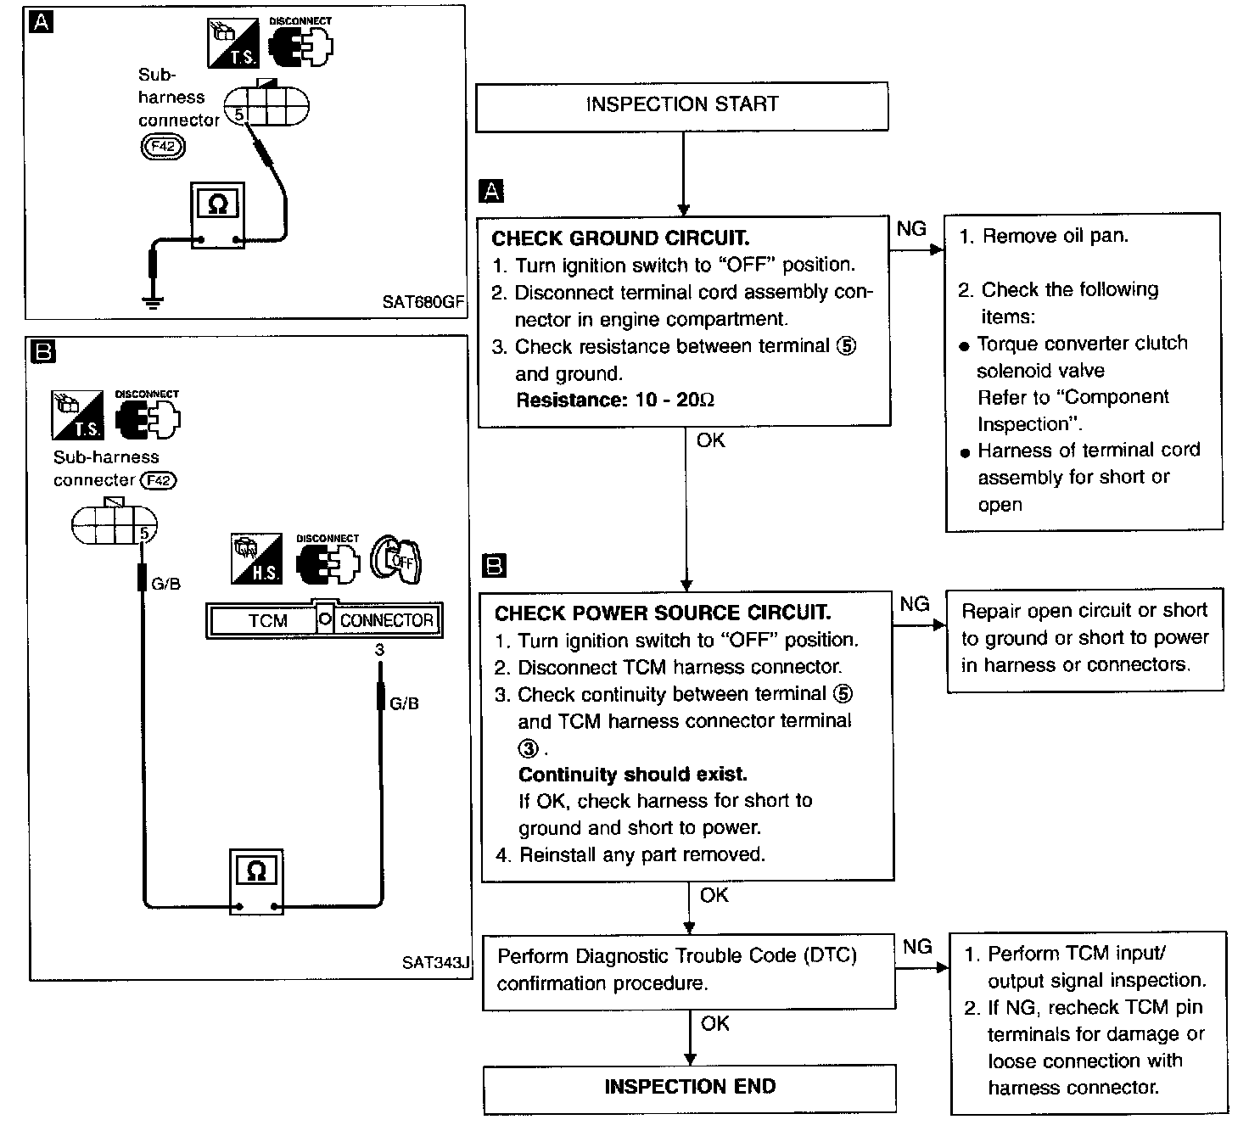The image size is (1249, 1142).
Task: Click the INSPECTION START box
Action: pyautogui.click(x=681, y=105)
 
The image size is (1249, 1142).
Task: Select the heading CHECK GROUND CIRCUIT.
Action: pyautogui.click(x=620, y=238)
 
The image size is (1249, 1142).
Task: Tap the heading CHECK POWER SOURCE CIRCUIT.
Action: pyautogui.click(x=662, y=613)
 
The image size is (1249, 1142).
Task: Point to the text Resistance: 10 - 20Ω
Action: pyautogui.click(x=614, y=400)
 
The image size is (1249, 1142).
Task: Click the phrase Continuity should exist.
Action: pyautogui.click(x=632, y=775)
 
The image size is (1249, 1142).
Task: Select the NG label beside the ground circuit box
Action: pyautogui.click(x=911, y=228)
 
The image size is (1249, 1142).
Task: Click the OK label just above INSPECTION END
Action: pyautogui.click(x=714, y=1024)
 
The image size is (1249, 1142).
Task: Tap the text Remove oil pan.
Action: pyautogui.click(x=1055, y=237)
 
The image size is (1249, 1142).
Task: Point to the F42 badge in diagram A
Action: pyautogui.click(x=162, y=147)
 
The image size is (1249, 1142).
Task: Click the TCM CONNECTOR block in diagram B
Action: pyautogui.click(x=324, y=620)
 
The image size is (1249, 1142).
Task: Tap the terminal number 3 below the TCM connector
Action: pyautogui.click(x=379, y=650)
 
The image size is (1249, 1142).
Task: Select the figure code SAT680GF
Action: pyautogui.click(x=422, y=302)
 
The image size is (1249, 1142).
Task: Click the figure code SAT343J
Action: pyautogui.click(x=435, y=963)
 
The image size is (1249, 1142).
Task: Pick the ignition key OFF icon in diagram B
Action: pyautogui.click(x=397, y=560)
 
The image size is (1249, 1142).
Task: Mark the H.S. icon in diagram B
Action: pyautogui.click(x=256, y=559)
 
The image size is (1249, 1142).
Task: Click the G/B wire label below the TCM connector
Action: pyautogui.click(x=404, y=703)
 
